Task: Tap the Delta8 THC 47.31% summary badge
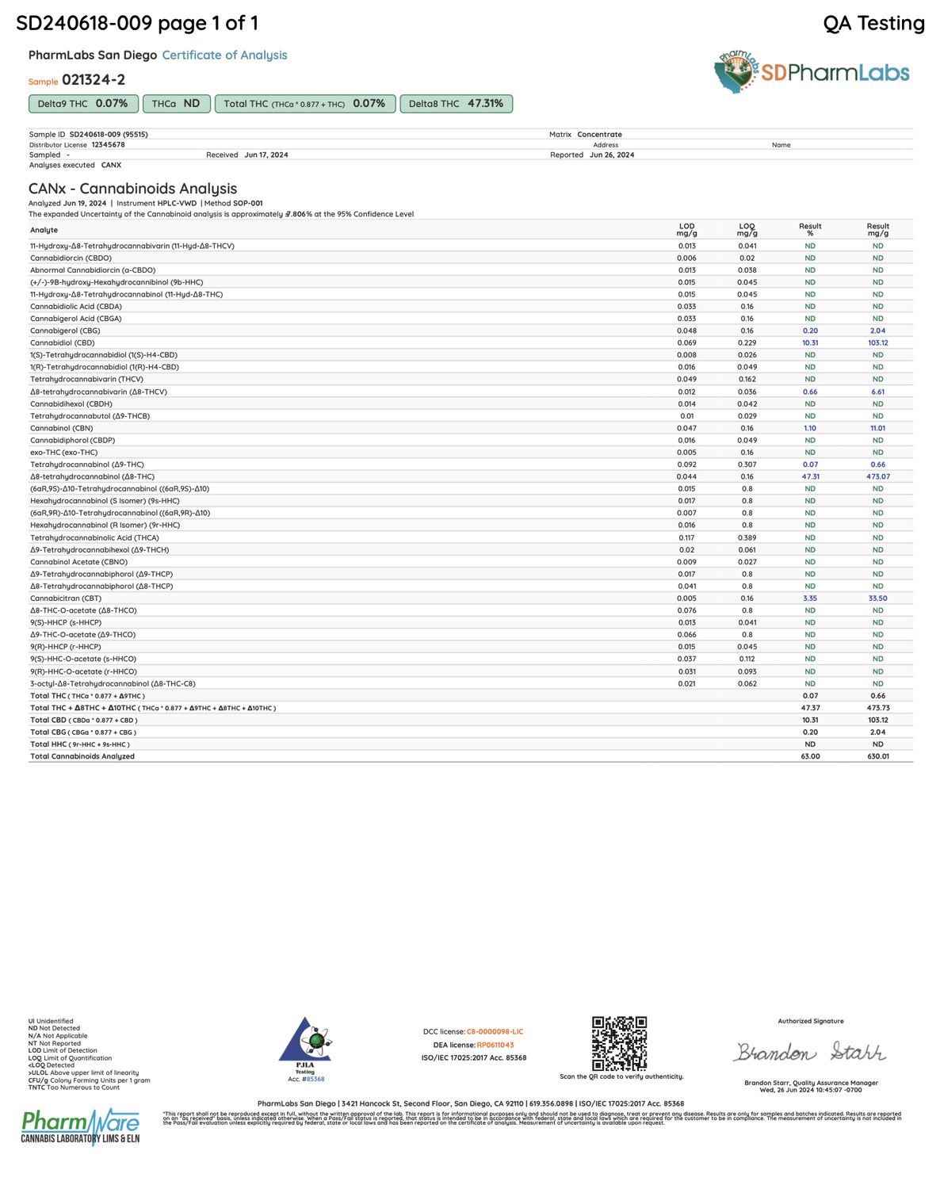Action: tap(456, 104)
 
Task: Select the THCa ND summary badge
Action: tap(176, 104)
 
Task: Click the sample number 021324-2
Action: tap(94, 80)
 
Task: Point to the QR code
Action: tap(619, 1043)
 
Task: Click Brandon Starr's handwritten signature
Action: tap(809, 1052)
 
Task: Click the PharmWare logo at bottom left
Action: tap(80, 1126)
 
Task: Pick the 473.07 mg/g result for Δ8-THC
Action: tap(877, 477)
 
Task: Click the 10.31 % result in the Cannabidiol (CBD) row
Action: tap(809, 343)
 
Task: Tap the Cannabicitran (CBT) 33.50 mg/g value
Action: tap(877, 598)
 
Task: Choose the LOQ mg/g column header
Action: tap(747, 230)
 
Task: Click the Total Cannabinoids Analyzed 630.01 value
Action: tap(877, 756)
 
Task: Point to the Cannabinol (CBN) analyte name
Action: tap(62, 428)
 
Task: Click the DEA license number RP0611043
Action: tap(495, 1045)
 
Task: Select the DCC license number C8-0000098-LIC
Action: tap(495, 1032)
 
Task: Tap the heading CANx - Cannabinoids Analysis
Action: tap(132, 189)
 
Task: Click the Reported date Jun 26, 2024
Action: tap(611, 155)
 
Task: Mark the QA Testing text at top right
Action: tap(873, 24)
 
